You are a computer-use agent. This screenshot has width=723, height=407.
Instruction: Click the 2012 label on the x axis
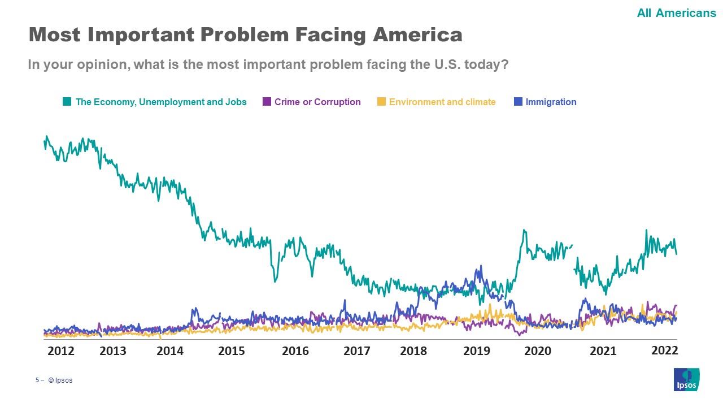(x=61, y=351)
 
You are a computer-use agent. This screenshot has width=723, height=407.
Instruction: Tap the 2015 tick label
(x=232, y=351)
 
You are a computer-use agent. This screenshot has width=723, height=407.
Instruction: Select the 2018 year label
(x=413, y=351)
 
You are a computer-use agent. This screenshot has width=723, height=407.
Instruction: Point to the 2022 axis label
(x=664, y=350)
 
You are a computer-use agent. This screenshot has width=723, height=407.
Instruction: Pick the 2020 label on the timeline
(x=538, y=351)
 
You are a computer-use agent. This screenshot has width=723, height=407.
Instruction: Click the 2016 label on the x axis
(x=295, y=351)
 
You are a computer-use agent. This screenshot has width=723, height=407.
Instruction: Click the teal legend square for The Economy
(x=67, y=102)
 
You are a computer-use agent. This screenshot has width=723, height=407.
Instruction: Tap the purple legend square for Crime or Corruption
(x=267, y=102)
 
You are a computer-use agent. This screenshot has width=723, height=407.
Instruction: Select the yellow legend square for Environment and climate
(x=381, y=102)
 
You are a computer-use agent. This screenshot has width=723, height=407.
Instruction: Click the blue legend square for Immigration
(x=518, y=102)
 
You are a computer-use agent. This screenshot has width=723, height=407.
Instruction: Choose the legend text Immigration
(x=551, y=102)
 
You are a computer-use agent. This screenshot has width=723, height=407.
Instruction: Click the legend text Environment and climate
(x=442, y=102)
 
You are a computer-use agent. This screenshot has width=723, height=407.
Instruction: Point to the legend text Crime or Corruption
(x=317, y=102)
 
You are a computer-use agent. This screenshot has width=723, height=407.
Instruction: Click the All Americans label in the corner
(x=676, y=12)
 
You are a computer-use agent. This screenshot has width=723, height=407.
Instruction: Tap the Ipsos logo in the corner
(x=686, y=379)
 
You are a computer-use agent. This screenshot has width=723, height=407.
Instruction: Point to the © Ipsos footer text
(x=60, y=380)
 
